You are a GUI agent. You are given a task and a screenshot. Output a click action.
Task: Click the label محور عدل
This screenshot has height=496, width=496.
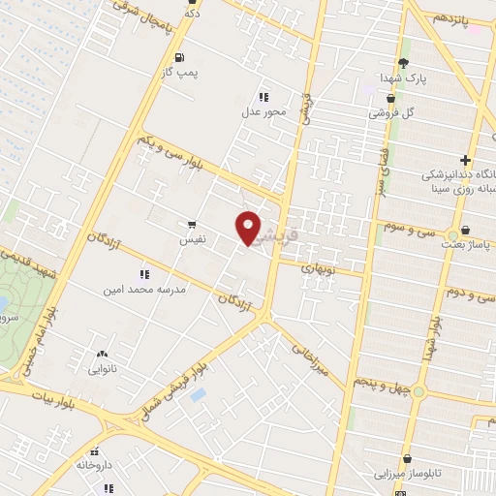pos(264,111)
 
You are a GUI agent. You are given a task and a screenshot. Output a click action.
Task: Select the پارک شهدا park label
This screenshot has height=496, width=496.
pos(402,77)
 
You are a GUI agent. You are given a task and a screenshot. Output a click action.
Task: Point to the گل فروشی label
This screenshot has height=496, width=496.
pos(390,112)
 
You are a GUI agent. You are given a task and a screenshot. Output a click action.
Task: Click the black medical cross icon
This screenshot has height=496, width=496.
pos(466,160)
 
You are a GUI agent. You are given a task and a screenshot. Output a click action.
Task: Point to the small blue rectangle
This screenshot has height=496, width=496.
pos(198,394)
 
